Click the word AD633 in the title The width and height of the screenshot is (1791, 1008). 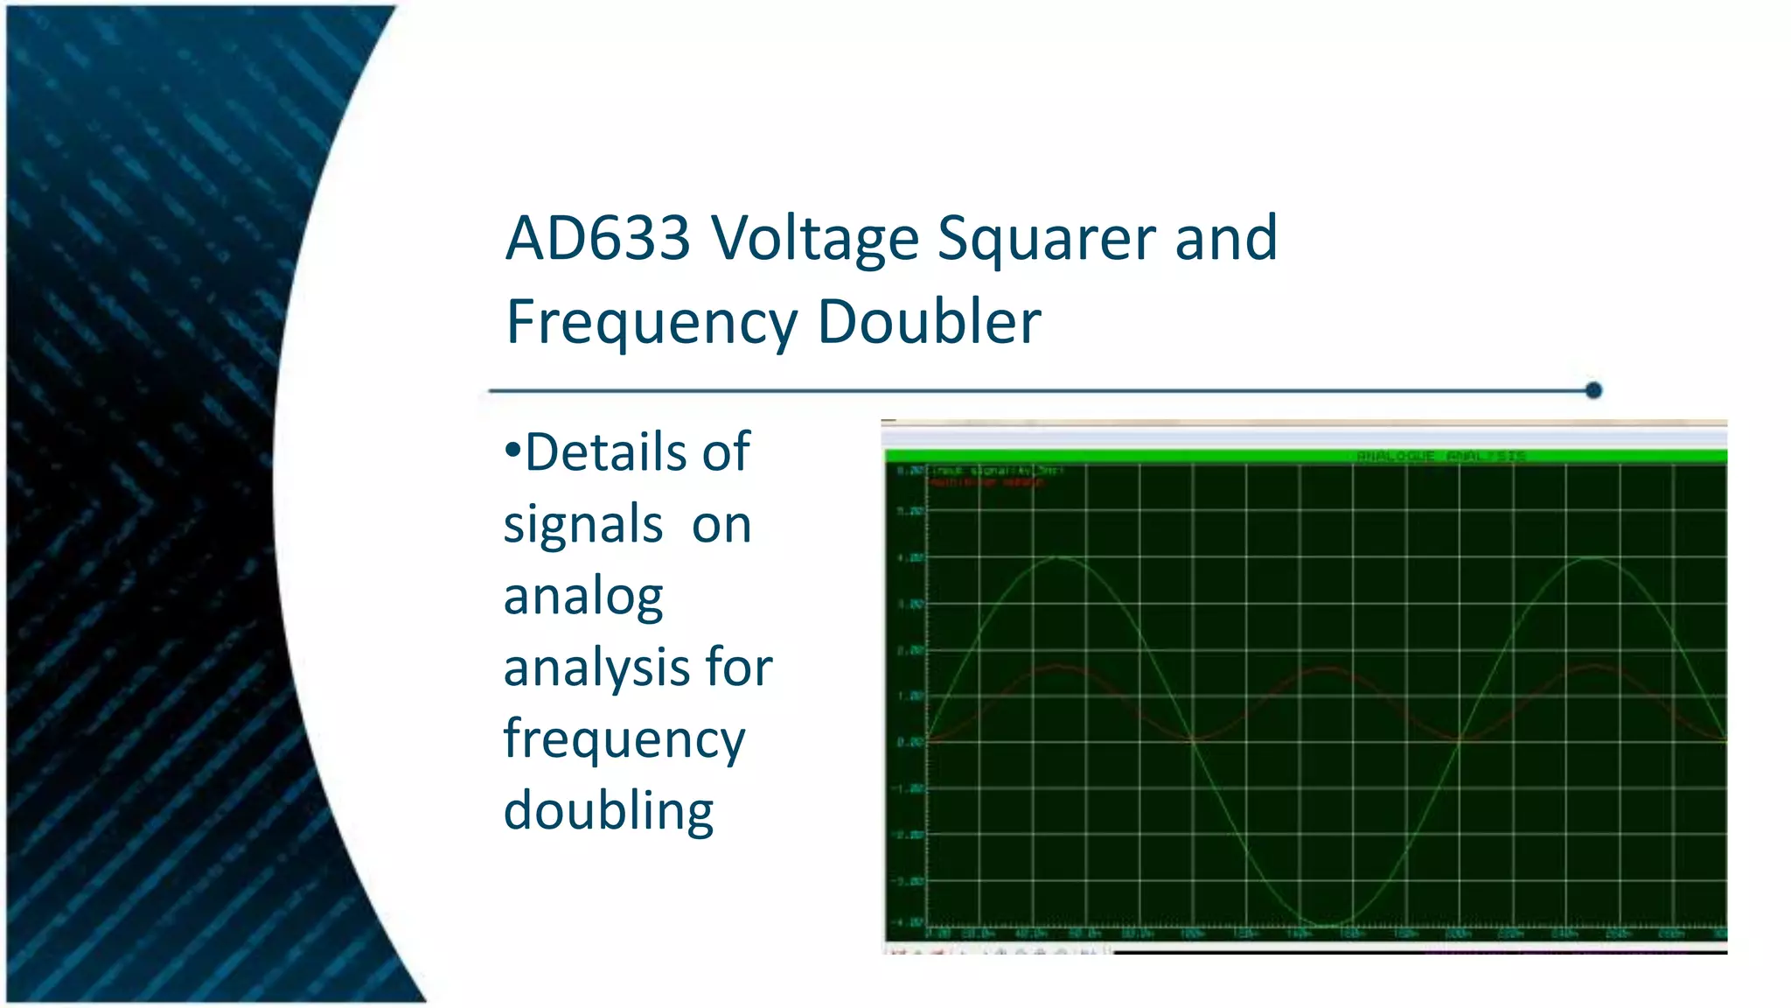click(598, 238)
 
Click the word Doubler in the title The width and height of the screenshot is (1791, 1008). click(929, 322)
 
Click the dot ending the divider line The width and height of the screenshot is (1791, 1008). click(1593, 390)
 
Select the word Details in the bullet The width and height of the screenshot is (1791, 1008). click(638, 452)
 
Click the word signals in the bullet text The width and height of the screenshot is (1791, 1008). click(582, 525)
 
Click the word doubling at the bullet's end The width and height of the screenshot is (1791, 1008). click(609, 811)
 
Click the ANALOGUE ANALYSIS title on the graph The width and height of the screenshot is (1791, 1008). click(1440, 456)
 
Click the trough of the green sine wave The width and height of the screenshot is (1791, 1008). click(1327, 924)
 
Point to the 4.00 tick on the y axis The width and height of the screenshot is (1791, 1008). click(910, 557)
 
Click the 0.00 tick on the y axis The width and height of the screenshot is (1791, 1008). click(910, 742)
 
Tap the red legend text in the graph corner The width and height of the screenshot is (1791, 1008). click(986, 482)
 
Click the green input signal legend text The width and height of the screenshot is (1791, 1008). click(995, 471)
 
